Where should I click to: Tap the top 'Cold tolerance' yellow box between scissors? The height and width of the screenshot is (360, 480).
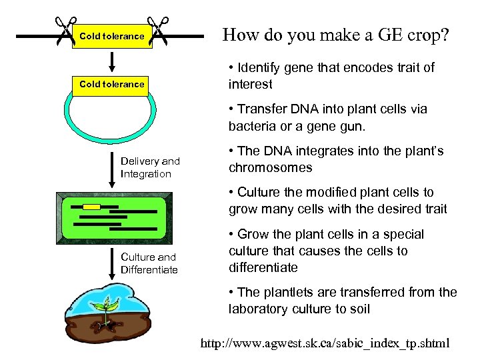(x=111, y=36)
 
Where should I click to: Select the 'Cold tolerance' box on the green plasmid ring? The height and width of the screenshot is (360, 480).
(x=111, y=84)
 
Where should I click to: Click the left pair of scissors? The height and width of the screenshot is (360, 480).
(x=66, y=31)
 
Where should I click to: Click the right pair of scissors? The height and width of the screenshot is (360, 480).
(x=159, y=31)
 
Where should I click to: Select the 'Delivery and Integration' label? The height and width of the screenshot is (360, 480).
(x=150, y=167)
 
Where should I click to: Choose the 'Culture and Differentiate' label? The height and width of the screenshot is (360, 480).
(x=149, y=263)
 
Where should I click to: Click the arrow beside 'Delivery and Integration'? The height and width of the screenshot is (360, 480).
(x=112, y=171)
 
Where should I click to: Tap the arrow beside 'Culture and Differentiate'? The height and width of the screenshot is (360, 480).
(x=112, y=265)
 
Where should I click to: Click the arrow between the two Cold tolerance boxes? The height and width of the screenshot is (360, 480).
(x=112, y=59)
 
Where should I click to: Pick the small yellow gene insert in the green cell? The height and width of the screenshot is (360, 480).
(x=91, y=207)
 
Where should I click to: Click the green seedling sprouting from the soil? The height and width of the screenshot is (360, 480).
(x=103, y=308)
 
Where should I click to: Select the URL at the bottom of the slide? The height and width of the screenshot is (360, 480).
(x=325, y=344)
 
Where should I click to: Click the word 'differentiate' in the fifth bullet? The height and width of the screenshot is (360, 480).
(x=263, y=268)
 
